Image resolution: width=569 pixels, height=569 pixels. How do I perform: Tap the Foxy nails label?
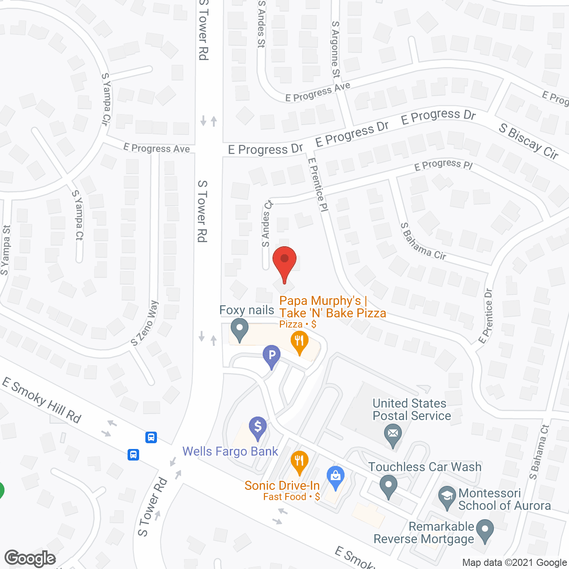[247, 310]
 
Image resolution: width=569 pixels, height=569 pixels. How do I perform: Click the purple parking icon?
[272, 356]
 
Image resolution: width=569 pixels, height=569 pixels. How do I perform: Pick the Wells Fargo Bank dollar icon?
[258, 428]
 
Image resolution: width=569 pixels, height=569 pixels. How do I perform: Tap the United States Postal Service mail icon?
[393, 434]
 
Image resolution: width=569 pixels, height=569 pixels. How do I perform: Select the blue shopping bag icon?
[336, 477]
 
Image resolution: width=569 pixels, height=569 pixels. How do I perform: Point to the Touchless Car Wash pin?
[389, 485]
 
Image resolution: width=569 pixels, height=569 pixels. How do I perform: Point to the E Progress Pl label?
[443, 165]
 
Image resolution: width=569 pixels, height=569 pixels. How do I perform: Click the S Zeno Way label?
[145, 323]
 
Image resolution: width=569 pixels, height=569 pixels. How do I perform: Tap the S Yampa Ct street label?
[78, 215]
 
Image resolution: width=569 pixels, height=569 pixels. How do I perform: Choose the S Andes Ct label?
[267, 223]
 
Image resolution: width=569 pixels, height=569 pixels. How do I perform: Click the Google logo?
[30, 558]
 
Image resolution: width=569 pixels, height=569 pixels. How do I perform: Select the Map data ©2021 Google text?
[514, 562]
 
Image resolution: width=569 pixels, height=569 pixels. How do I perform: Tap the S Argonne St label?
[336, 49]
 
